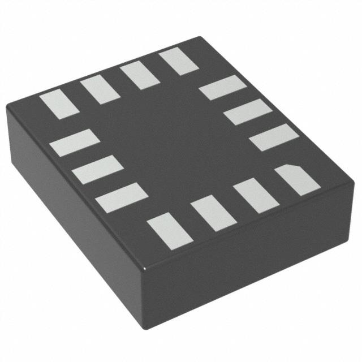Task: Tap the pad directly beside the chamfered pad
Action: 256,195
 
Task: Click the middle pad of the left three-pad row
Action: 98,169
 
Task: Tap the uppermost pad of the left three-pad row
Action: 75,142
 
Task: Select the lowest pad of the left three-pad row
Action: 122,197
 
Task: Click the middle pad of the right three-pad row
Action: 248,111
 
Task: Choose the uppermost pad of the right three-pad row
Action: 223,88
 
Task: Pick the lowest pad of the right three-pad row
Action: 274,137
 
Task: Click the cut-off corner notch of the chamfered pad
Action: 286,165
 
